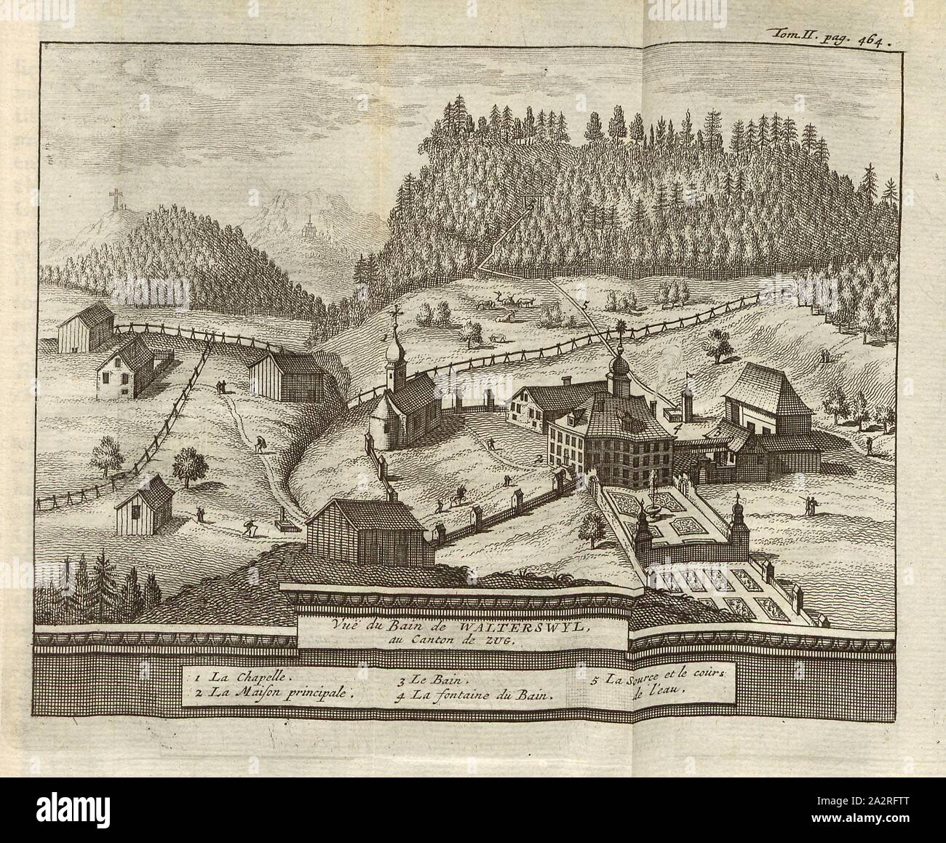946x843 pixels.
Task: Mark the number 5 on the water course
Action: click(585, 304)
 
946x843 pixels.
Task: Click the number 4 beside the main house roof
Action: click(677, 429)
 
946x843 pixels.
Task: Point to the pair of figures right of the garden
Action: click(810, 504)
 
